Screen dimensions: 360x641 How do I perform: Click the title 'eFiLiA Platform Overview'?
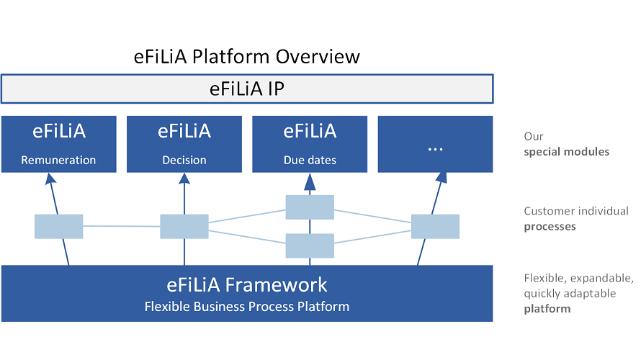[247, 56]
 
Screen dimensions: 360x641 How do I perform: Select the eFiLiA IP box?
[247, 89]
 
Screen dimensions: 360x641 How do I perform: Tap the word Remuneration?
[58, 160]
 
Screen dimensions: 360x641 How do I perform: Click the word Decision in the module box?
[184, 160]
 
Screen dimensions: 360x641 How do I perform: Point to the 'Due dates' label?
[310, 160]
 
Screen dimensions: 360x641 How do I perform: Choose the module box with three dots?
[435, 144]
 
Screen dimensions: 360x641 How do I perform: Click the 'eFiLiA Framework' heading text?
[247, 284]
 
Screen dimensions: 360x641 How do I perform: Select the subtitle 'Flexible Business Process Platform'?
[247, 307]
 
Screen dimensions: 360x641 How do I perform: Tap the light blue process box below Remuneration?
[58, 226]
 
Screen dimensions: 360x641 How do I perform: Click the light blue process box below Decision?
[184, 226]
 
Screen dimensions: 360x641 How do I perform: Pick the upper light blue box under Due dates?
[310, 207]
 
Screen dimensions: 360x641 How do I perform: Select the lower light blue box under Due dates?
[310, 246]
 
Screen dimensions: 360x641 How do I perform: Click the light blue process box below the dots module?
[435, 226]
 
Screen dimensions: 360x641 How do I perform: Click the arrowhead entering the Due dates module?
[310, 184]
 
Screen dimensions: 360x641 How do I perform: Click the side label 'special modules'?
[566, 152]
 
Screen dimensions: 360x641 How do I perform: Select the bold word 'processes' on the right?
[550, 226]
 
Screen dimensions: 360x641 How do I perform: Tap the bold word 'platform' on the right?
[547, 309]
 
